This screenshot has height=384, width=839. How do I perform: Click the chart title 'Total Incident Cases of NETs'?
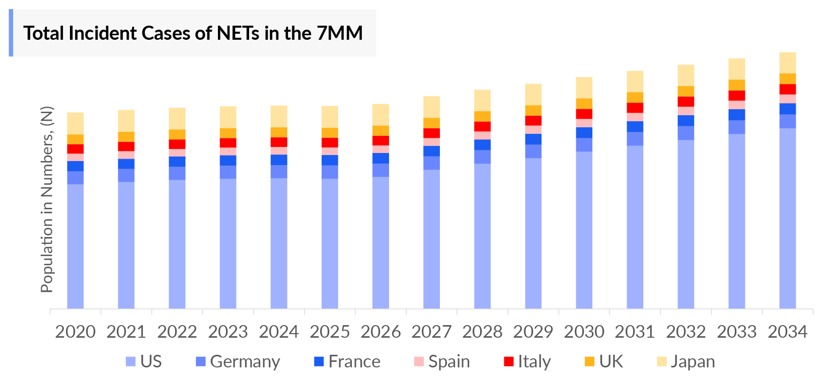[193, 33]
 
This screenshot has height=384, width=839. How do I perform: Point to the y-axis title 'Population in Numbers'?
[47, 199]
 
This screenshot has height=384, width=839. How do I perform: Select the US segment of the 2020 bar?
[75, 246]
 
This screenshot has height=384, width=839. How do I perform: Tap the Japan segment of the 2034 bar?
[788, 63]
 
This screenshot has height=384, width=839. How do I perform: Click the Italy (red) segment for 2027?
[431, 133]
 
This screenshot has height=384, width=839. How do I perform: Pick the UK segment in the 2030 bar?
[584, 104]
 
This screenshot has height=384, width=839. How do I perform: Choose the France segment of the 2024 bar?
[279, 160]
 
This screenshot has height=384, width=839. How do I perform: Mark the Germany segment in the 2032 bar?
[686, 133]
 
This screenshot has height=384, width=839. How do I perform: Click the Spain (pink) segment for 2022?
[177, 153]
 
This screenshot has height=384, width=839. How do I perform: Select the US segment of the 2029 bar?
[533, 233]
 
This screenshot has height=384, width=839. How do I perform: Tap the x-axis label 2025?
[330, 332]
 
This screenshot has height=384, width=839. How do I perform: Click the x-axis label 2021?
[126, 332]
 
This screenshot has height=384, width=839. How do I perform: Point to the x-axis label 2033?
[737, 332]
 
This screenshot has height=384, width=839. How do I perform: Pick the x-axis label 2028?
[482, 332]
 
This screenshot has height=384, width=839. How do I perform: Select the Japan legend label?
[693, 362]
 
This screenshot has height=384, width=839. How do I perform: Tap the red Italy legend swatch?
[509, 362]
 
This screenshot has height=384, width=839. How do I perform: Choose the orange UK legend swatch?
[589, 362]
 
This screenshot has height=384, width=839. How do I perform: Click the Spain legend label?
[449, 362]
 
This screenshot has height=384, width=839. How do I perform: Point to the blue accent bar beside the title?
[11, 33]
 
